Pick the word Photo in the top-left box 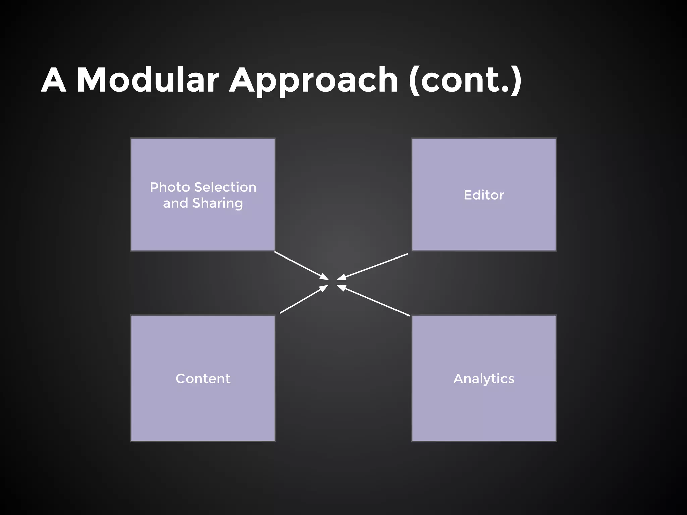(x=170, y=187)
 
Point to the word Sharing (x=217, y=203)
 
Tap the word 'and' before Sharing (x=175, y=203)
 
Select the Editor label (x=483, y=195)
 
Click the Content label (x=203, y=379)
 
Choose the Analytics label (x=483, y=379)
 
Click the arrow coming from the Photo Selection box (x=299, y=264)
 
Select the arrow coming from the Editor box (x=376, y=266)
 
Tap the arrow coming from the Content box (x=302, y=300)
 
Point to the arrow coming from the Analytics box (x=376, y=301)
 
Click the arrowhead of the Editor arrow (x=341, y=278)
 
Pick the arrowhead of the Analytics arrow (x=341, y=287)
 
